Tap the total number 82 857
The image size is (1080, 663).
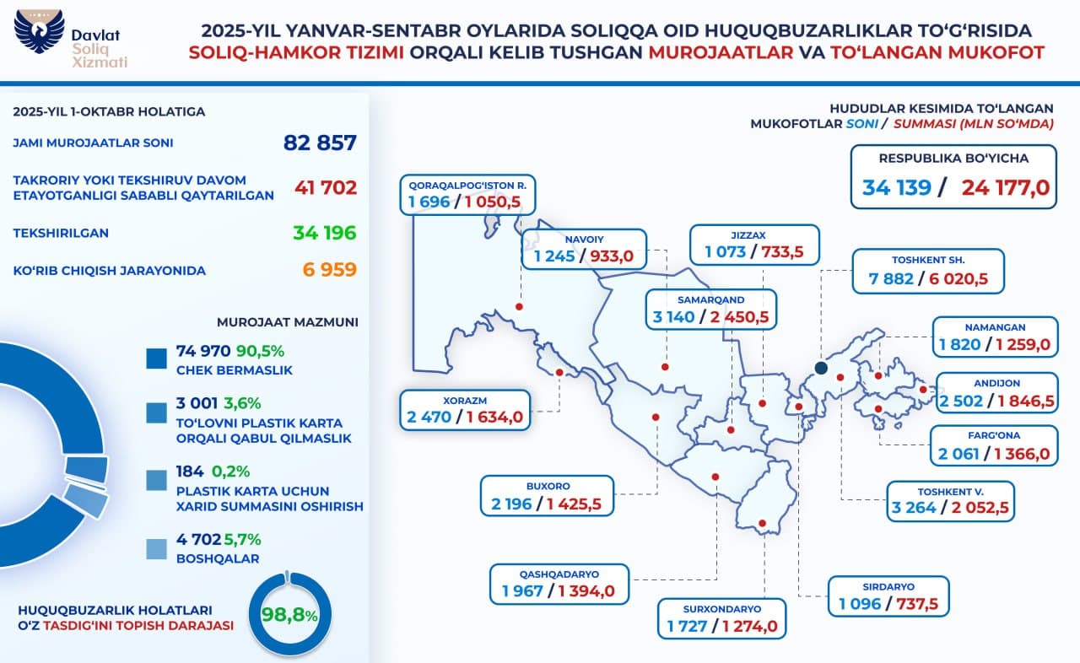(x=320, y=143)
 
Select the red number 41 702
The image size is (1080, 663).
(x=326, y=187)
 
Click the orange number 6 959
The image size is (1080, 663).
(x=330, y=270)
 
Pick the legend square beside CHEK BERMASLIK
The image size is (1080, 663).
(x=156, y=358)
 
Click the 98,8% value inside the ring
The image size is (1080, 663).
(x=289, y=615)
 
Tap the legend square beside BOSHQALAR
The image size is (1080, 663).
(x=156, y=547)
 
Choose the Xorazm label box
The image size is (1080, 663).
(x=466, y=411)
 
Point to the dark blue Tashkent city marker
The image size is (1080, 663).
(x=821, y=368)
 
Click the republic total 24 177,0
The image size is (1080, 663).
(x=1005, y=187)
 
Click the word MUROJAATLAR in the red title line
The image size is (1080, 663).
(x=721, y=52)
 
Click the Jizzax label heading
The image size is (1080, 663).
(x=753, y=237)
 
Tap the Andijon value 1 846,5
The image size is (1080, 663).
(x=1026, y=402)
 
